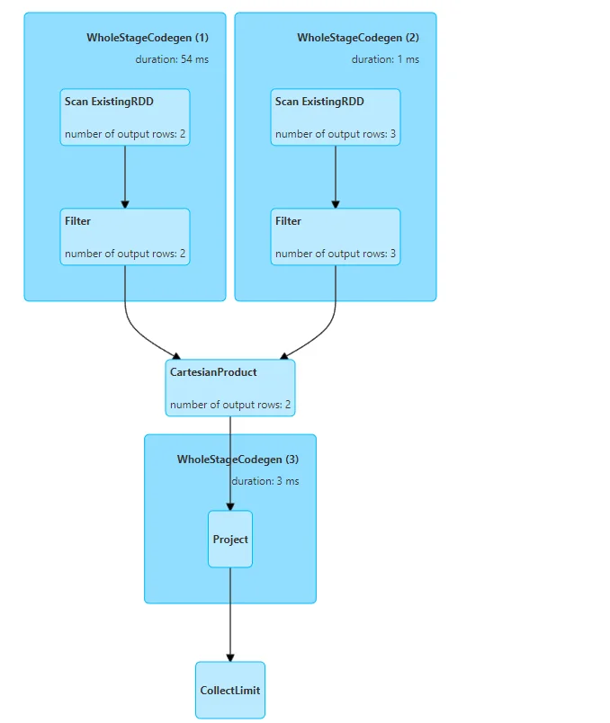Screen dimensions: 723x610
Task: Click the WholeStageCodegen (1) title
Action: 148,38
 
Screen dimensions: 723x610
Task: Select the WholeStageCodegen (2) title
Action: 358,38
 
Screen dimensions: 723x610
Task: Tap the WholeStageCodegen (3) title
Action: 238,460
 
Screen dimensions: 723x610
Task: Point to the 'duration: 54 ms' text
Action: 172,59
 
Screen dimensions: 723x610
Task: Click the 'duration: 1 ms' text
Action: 385,59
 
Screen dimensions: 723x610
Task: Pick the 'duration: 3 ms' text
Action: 265,481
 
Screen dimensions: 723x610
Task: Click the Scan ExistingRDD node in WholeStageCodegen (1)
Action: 125,117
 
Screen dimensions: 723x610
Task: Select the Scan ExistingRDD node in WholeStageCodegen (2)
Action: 336,117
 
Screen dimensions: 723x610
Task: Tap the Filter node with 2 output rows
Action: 125,237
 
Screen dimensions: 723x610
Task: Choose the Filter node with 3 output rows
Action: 336,237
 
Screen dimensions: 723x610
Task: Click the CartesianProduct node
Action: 230,388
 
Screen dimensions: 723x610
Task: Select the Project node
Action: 230,540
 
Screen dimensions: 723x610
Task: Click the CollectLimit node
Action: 230,690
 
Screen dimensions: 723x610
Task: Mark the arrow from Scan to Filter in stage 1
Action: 125,176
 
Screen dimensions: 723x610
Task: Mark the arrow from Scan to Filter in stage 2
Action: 336,176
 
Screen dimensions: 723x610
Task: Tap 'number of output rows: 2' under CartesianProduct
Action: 230,405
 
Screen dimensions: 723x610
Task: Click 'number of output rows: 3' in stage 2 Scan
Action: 336,134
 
